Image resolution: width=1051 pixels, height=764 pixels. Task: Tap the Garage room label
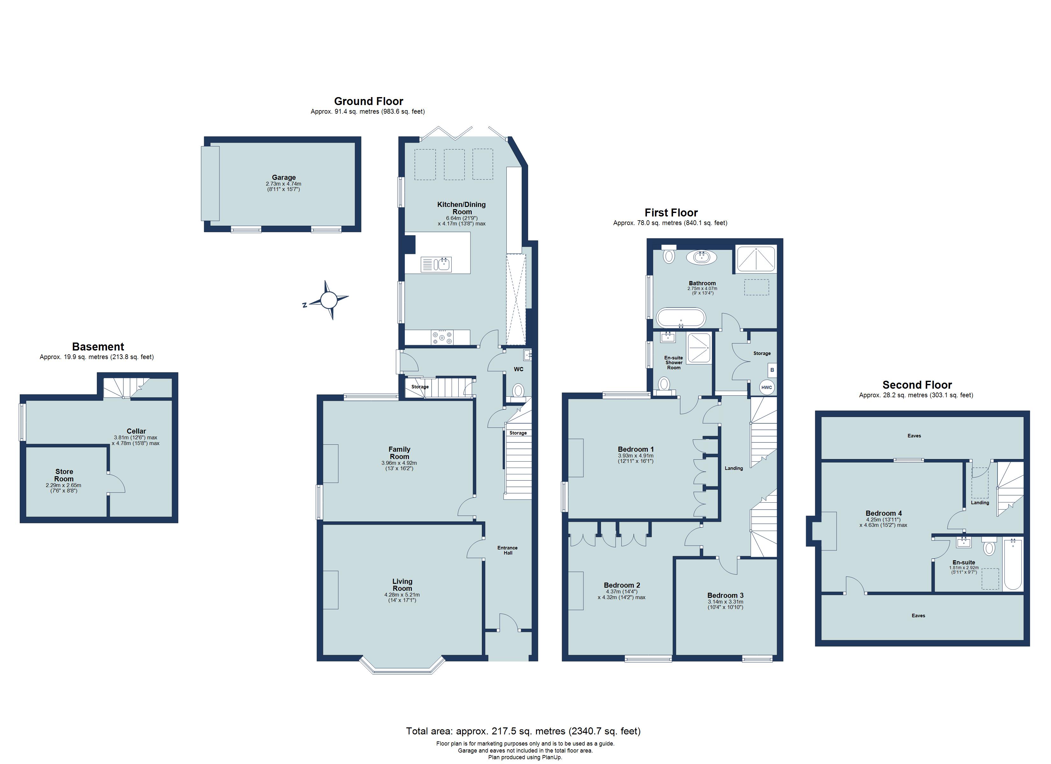point(283,177)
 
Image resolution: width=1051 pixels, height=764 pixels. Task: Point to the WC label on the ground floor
point(518,369)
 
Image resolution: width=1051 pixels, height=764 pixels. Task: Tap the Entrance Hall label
point(507,550)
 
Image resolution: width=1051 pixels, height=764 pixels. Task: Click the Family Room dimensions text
point(399,466)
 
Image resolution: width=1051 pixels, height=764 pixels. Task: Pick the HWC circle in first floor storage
point(767,387)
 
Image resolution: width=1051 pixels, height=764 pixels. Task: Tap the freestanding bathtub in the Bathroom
point(681,318)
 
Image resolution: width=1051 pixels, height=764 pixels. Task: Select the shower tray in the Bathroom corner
point(756,258)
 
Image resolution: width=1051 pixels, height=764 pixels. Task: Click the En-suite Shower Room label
point(673,362)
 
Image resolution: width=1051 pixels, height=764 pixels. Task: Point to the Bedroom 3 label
point(725,595)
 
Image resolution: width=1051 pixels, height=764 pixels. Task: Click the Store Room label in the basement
point(64,475)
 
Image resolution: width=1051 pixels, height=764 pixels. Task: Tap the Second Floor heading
point(917,385)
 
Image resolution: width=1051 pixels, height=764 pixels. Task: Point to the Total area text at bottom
point(523,731)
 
